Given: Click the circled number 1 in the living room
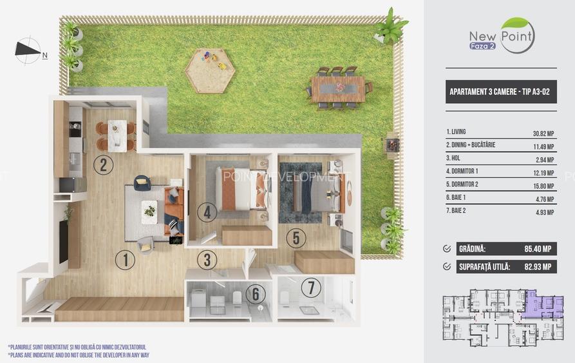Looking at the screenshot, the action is [125, 260].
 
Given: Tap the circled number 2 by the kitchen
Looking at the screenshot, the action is [104, 164].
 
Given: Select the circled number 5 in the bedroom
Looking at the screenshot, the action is [296, 237].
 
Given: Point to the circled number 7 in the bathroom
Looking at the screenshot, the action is [311, 288].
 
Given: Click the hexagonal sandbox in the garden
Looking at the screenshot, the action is [210, 71].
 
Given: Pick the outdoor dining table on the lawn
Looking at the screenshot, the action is [338, 89].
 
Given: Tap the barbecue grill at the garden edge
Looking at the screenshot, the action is [392, 145].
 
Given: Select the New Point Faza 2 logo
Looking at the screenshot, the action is [502, 35].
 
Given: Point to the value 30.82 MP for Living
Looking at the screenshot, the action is [543, 133].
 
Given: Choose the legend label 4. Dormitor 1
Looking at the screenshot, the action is [462, 171].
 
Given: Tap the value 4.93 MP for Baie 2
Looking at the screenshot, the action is [545, 212].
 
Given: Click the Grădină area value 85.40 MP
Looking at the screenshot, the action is [538, 249].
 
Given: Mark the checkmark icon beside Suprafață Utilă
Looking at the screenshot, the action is [447, 266].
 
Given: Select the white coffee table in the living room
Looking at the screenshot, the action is [149, 211].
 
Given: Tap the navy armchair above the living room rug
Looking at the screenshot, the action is [142, 182].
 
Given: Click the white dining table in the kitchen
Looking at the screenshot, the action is [117, 135].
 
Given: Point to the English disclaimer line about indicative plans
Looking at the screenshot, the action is [79, 355].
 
